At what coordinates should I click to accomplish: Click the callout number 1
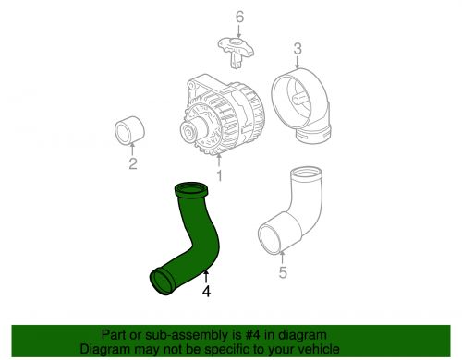click(x=219, y=175)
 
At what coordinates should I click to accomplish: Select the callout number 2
click(x=133, y=163)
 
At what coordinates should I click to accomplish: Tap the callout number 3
click(x=298, y=49)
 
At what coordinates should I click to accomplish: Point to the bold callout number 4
click(x=206, y=291)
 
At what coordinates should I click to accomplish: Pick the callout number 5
click(x=283, y=272)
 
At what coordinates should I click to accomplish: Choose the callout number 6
click(x=239, y=17)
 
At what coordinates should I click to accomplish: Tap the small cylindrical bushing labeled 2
click(x=129, y=130)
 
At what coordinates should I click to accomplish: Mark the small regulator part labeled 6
click(x=237, y=51)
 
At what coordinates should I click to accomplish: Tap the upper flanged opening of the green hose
click(x=191, y=191)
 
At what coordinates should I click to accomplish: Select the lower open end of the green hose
click(x=162, y=281)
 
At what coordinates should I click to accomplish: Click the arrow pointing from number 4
click(x=206, y=276)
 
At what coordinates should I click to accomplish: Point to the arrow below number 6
click(x=239, y=32)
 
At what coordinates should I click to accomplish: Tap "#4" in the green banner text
click(x=253, y=335)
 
